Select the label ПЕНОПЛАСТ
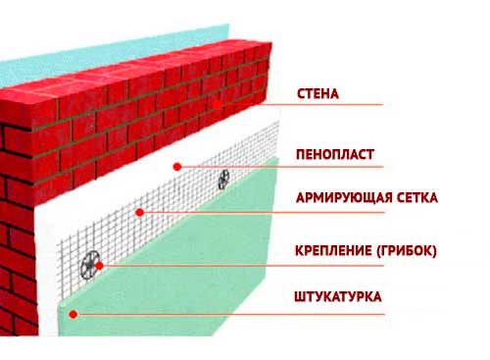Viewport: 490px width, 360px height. [x=335, y=155]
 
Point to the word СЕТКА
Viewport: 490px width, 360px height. [x=416, y=198]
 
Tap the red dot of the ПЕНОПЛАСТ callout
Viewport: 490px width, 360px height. [x=176, y=166]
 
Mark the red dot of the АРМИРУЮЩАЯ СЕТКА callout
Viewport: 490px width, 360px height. [x=140, y=211]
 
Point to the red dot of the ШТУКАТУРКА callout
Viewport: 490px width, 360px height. [x=74, y=315]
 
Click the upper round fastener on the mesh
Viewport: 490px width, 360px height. [x=224, y=178]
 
